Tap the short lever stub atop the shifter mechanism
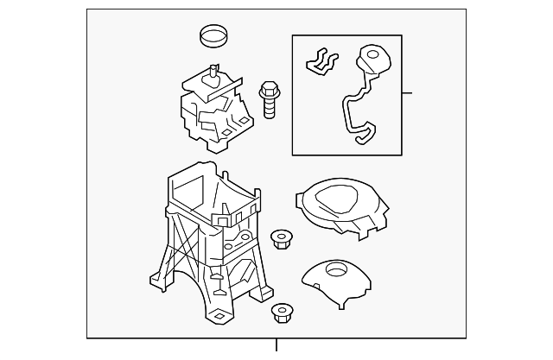click(x=209, y=75)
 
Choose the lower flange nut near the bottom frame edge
click(x=281, y=313)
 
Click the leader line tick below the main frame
click(x=276, y=345)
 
